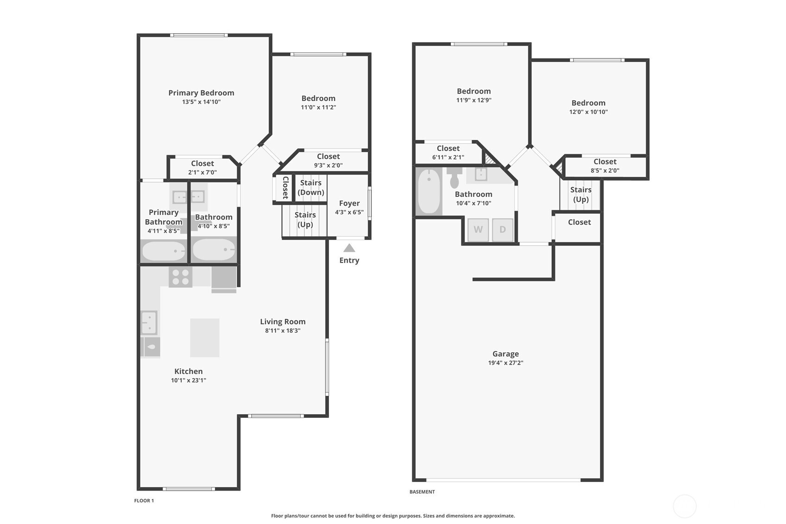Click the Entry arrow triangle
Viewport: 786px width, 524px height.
tap(349, 248)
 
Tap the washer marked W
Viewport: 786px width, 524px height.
tap(478, 230)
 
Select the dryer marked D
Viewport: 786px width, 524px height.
tap(503, 230)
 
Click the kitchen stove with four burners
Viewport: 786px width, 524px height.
tap(180, 277)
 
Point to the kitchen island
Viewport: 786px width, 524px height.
tap(205, 338)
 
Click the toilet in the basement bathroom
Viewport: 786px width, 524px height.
tap(454, 177)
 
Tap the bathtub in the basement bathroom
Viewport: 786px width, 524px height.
tap(429, 191)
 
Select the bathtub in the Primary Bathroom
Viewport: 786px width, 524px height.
tap(164, 251)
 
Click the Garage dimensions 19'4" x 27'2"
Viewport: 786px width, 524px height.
tap(506, 363)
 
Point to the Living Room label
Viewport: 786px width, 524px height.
tap(283, 322)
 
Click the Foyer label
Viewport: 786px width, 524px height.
tap(349, 203)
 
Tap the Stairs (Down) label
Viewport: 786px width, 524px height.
tap(311, 188)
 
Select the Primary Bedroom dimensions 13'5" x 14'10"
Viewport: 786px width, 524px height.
tap(201, 102)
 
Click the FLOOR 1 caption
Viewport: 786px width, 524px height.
tap(144, 500)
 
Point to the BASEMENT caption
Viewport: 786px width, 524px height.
tap(422, 492)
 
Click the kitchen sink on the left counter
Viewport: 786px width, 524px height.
tap(149, 322)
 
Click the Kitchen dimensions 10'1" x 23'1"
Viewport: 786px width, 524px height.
tap(189, 380)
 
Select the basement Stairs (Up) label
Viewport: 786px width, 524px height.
tap(581, 195)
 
